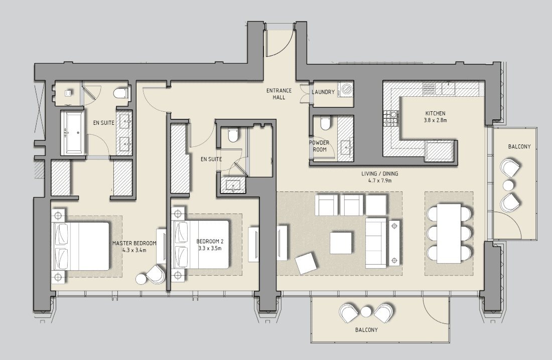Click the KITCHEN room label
pos(434,113)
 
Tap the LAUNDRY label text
pos(323,92)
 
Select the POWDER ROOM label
pos(318,145)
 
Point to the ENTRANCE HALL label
pos(276,94)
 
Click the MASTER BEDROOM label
pos(134,243)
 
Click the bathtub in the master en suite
pos(74,133)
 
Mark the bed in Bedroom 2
pos(201,245)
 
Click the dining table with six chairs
pos(449,233)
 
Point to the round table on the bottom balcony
pos(366,312)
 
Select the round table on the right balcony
pos(508,185)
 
